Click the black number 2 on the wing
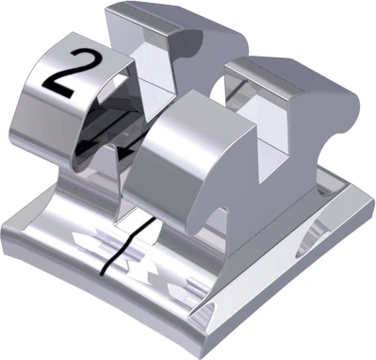click(68, 74)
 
